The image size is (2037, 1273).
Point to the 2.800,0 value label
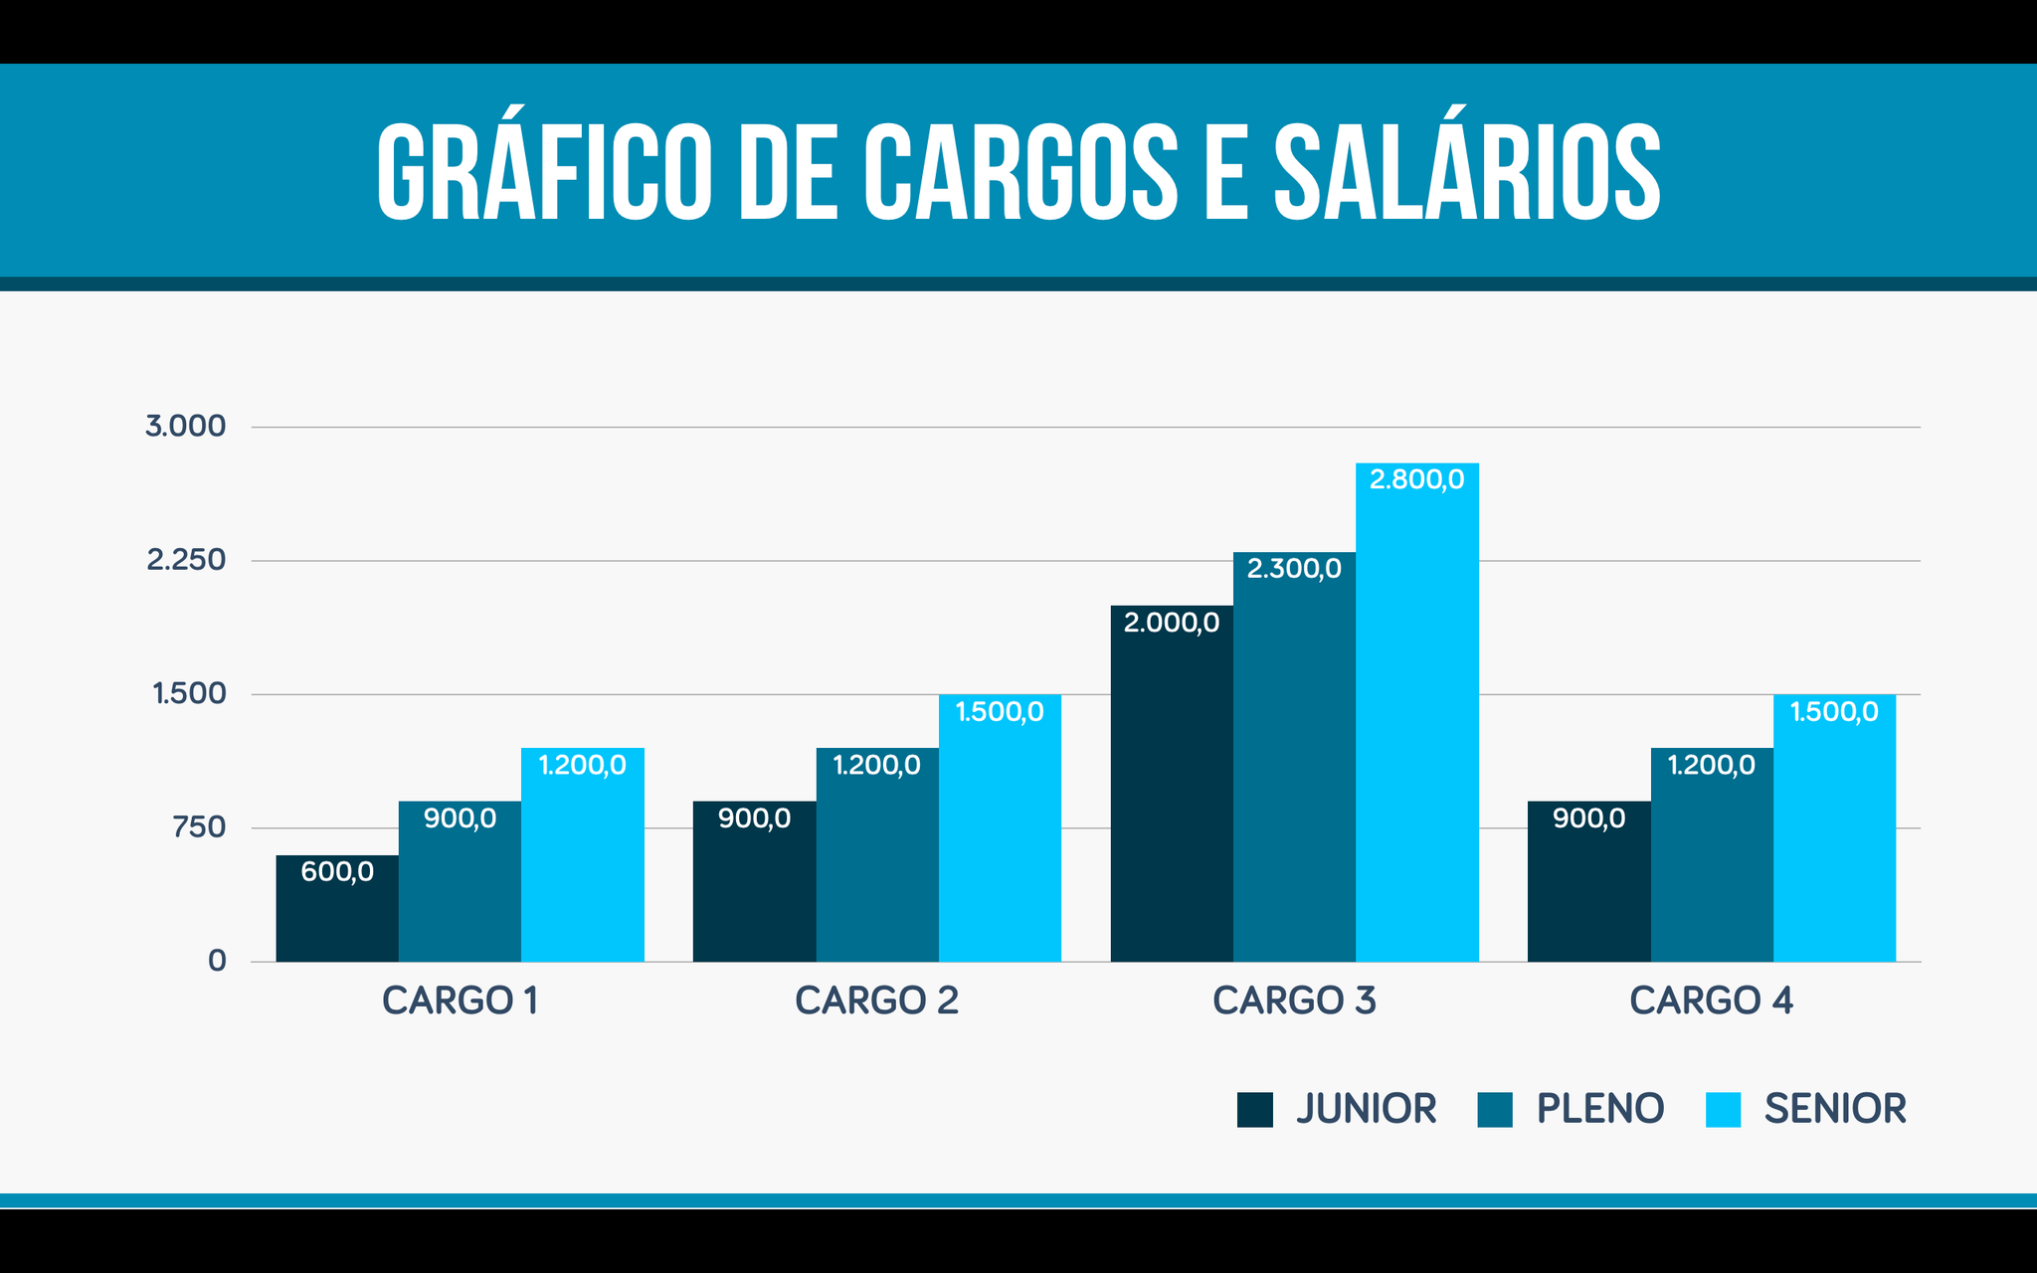(x=1416, y=480)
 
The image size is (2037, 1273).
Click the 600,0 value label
(x=337, y=872)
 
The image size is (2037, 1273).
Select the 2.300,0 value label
(x=1294, y=569)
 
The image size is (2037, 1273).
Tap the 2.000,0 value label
(x=1172, y=624)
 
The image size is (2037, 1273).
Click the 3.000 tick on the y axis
(x=186, y=427)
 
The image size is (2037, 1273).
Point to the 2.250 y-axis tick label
(x=186, y=561)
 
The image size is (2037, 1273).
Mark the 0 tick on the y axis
(x=217, y=961)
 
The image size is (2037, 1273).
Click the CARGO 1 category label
(x=460, y=1000)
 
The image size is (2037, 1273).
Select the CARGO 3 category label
(x=1294, y=1000)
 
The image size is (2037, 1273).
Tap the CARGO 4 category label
(x=1711, y=1000)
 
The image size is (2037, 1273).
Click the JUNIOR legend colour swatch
(x=1254, y=1110)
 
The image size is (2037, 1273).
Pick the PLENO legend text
(x=1599, y=1109)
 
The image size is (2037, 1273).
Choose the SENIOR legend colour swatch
(x=1723, y=1110)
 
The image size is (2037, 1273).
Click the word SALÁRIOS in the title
(x=1467, y=172)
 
